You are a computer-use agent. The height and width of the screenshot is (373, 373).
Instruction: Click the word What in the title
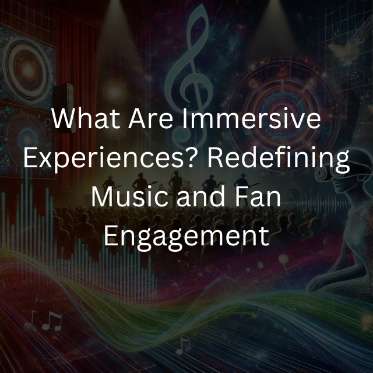pyautogui.click(x=86, y=118)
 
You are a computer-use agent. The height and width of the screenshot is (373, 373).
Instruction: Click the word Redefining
pyautogui.click(x=279, y=158)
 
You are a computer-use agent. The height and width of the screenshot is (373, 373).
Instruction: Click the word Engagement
pyautogui.click(x=186, y=237)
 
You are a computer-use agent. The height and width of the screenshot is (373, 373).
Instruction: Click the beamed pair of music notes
pyautogui.click(x=52, y=321)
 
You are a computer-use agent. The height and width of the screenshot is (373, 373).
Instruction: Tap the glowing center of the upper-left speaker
pyautogui.click(x=28, y=70)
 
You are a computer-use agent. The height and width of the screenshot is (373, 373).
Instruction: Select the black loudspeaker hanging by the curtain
pyautogui.click(x=64, y=107)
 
